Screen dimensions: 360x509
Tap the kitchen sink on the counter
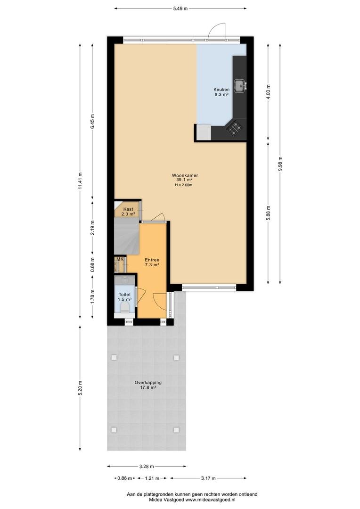(x=240, y=85)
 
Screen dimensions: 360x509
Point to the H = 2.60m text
(x=184, y=185)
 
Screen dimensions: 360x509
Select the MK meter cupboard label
(x=120, y=259)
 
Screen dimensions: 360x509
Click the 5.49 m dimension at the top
(x=180, y=9)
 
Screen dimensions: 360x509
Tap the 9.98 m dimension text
(x=280, y=164)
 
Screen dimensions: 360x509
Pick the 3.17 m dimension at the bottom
(x=208, y=478)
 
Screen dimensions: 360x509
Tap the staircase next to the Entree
(x=127, y=236)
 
